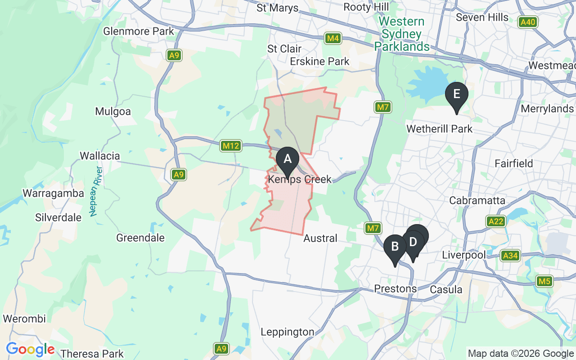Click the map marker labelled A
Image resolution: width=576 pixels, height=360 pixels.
(x=287, y=159)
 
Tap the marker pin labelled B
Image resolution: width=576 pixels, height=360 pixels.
(x=395, y=247)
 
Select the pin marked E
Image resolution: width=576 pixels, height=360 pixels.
(x=456, y=94)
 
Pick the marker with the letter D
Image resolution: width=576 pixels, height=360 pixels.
(x=413, y=242)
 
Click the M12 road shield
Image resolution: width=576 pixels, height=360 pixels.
(x=231, y=146)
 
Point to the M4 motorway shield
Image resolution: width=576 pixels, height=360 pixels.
(x=333, y=39)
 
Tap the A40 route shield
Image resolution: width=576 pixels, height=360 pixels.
(x=527, y=22)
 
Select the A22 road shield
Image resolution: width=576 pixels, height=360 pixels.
(x=496, y=221)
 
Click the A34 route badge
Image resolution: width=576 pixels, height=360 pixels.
(x=510, y=256)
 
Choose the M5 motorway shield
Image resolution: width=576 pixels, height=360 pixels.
(x=544, y=282)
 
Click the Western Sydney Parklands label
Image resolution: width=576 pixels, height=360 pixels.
(x=402, y=34)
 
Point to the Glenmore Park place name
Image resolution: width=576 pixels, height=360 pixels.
(x=139, y=31)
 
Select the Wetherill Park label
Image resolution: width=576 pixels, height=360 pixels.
(x=439, y=129)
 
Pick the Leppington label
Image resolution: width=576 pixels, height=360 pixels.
(x=288, y=332)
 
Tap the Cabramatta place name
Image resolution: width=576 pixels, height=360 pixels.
(x=477, y=200)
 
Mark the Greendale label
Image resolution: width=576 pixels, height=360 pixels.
(x=140, y=238)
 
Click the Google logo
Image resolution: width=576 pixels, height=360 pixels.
(x=30, y=349)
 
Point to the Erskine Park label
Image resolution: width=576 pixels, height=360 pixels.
(x=319, y=61)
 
